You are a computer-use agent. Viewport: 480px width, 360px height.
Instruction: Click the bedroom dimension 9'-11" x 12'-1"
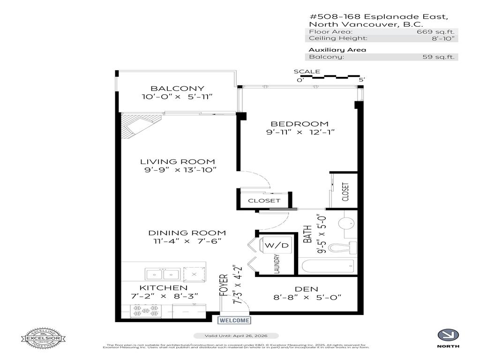[x=300, y=132]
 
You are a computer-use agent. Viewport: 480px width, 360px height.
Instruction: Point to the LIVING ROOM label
[x=178, y=161]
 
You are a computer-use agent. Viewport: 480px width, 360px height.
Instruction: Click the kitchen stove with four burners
[x=146, y=311]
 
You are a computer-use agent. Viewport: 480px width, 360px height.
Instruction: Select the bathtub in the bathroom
[x=328, y=267]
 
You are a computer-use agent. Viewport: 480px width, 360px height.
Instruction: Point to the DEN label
[x=307, y=289]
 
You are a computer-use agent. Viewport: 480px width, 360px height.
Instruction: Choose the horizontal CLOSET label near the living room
[x=264, y=201]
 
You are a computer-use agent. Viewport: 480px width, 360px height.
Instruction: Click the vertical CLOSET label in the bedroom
[x=346, y=191]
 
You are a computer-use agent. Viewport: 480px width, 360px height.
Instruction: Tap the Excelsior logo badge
[x=43, y=337]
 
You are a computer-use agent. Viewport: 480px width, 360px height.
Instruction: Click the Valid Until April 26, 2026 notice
[x=236, y=336]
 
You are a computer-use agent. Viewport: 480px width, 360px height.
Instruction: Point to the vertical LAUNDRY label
[x=277, y=264]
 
